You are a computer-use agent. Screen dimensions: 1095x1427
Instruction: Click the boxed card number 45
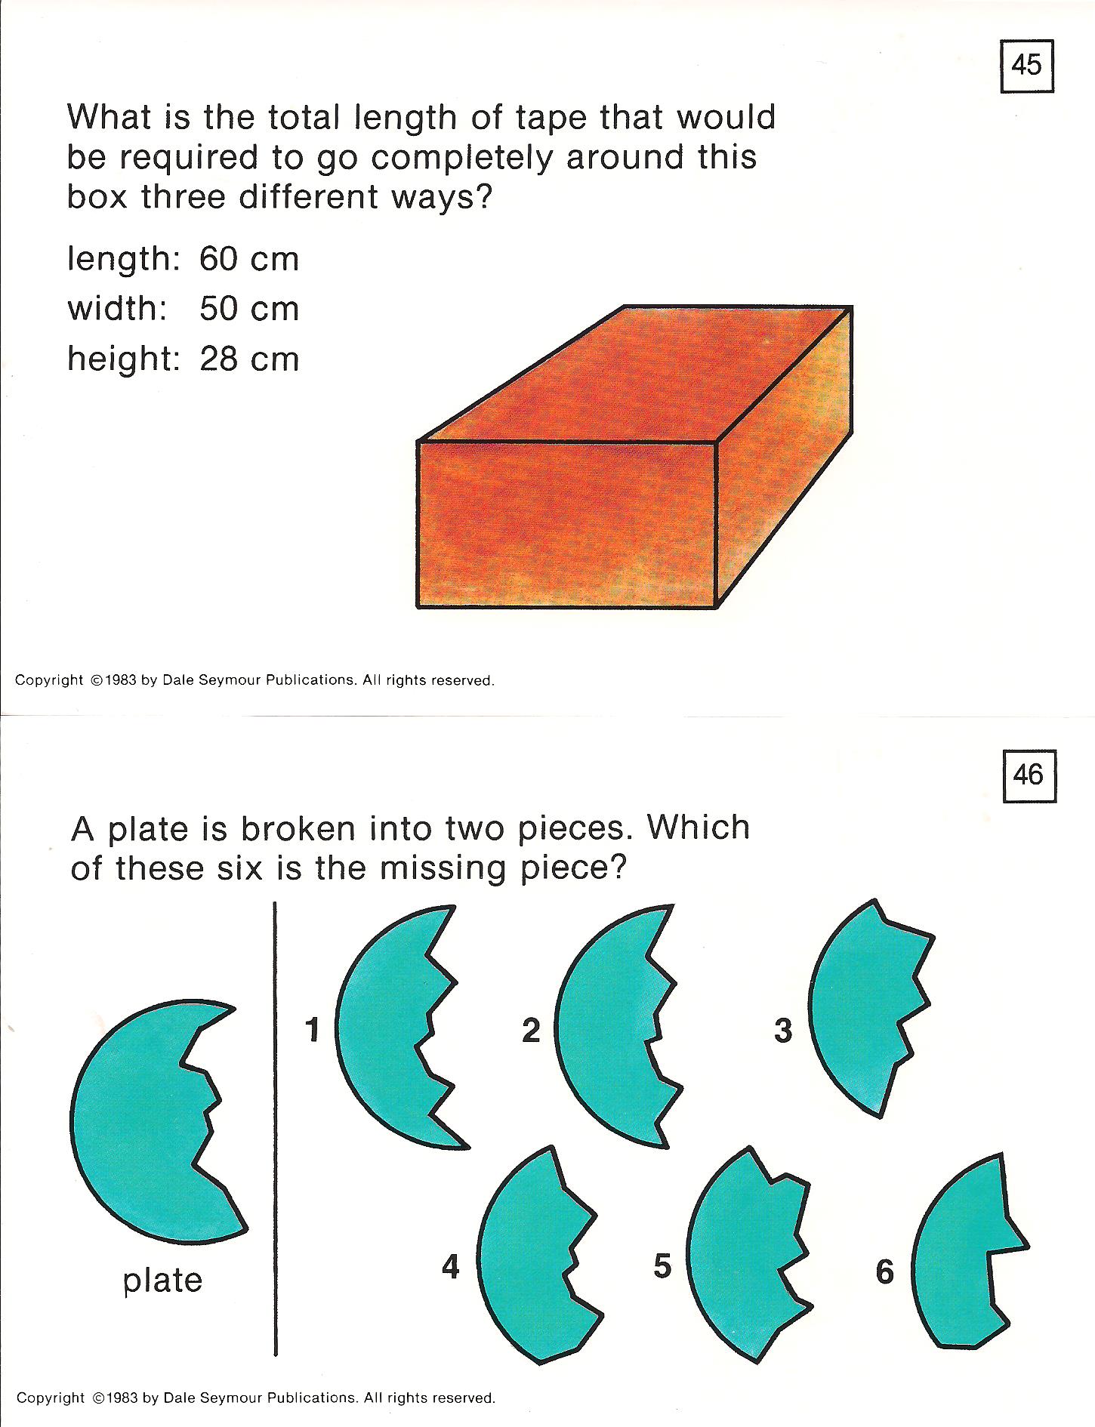pyautogui.click(x=1026, y=66)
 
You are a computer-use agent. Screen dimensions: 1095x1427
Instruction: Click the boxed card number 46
pyautogui.click(x=1029, y=775)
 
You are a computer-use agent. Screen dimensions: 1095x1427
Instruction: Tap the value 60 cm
pyautogui.click(x=249, y=259)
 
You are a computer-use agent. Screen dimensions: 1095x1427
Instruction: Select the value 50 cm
pyautogui.click(x=249, y=308)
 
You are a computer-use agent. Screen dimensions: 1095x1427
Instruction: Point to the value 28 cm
pyautogui.click(x=249, y=359)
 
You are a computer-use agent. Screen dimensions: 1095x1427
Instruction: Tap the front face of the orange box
pyautogui.click(x=566, y=524)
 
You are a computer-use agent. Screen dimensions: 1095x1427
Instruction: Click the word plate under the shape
pyautogui.click(x=163, y=1280)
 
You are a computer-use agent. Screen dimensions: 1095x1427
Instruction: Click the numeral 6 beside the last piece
pyautogui.click(x=885, y=1271)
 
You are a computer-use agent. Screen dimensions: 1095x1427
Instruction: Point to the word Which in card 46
pyautogui.click(x=699, y=828)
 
